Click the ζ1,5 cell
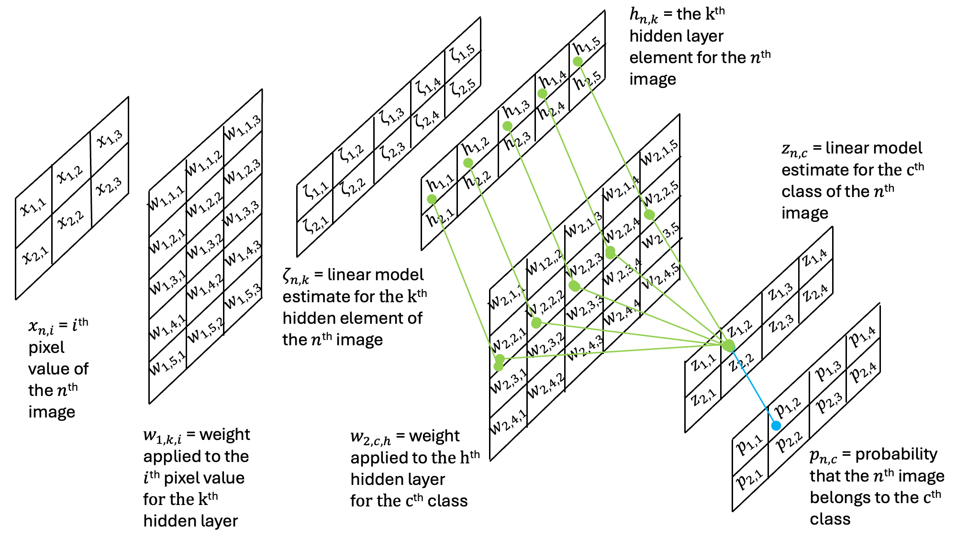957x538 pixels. [462, 53]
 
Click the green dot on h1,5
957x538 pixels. [578, 62]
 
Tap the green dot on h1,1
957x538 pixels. [432, 199]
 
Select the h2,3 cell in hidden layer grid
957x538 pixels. [517, 141]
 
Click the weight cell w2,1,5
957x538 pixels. [660, 152]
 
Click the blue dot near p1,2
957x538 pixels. [776, 426]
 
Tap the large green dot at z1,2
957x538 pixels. [728, 346]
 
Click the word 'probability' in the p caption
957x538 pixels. [896, 454]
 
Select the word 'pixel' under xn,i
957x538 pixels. [46, 348]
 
